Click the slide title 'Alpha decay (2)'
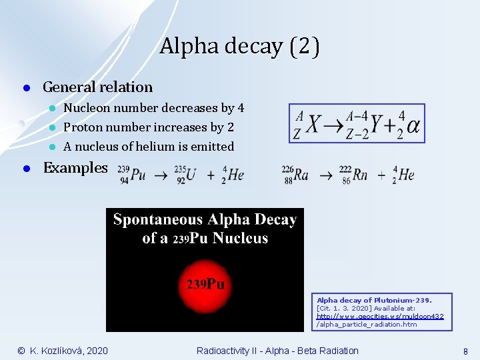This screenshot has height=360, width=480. point(239,47)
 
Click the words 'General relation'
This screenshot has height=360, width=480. point(97,87)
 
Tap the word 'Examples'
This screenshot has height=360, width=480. point(75,167)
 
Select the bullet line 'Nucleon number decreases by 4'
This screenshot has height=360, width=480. point(153,108)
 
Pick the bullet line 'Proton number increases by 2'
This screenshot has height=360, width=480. point(148,127)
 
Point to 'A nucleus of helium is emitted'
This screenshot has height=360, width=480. point(148,147)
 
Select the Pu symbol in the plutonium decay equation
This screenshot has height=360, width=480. point(139,175)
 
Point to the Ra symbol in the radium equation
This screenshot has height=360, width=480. point(301,175)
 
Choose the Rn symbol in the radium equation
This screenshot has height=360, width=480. point(360,175)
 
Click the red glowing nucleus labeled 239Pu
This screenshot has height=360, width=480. point(205,284)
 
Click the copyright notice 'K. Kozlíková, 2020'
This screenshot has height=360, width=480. point(63,351)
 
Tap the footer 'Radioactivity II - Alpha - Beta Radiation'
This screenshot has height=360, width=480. point(277,351)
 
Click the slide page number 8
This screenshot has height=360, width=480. point(465,351)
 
